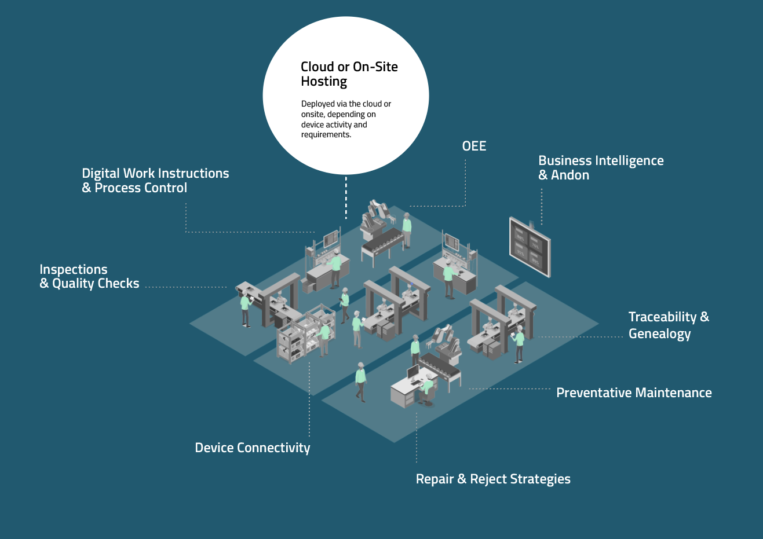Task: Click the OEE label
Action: (x=474, y=146)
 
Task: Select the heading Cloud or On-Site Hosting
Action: (x=349, y=74)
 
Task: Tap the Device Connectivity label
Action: (x=252, y=448)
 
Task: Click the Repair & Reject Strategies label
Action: (x=493, y=479)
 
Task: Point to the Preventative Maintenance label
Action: (x=634, y=393)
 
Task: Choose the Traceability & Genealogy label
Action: (x=668, y=325)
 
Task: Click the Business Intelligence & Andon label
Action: (x=601, y=168)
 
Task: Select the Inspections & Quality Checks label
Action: (x=89, y=276)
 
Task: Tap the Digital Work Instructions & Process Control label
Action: (x=155, y=180)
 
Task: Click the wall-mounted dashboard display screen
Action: (x=530, y=247)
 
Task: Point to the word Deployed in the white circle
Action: (x=318, y=104)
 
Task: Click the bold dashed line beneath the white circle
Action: (x=346, y=197)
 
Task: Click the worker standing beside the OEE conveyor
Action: (x=407, y=229)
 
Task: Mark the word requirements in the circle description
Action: (x=326, y=135)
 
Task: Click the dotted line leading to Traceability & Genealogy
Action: (x=579, y=336)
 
